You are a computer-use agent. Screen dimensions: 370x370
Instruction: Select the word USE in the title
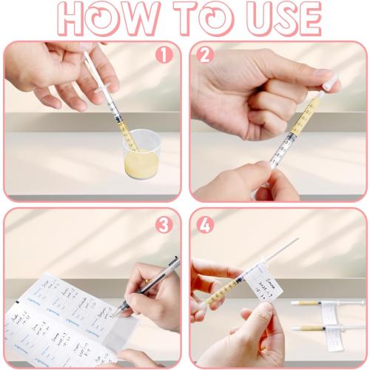pos(282,19)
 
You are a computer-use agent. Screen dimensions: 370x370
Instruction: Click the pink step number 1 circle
pos(164,54)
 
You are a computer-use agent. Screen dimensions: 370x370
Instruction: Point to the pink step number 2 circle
pos(205,54)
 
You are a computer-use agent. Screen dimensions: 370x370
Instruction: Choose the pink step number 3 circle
pos(164,224)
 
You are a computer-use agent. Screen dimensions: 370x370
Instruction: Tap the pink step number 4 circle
pos(205,224)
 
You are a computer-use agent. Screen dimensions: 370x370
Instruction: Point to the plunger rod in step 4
pos(285,249)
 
